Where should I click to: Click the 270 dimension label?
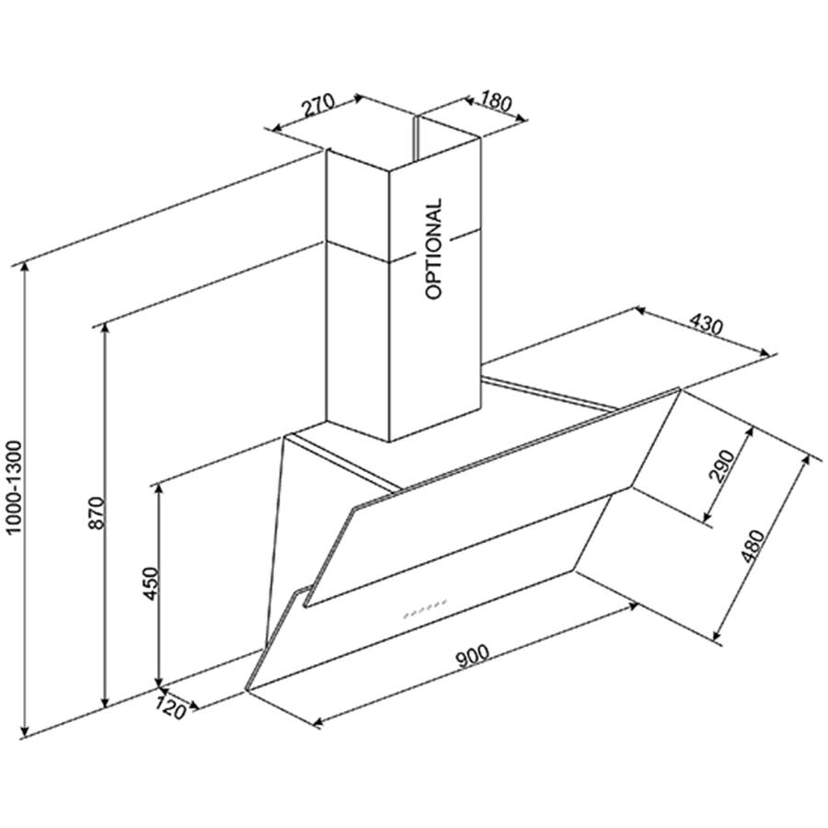tap(318, 105)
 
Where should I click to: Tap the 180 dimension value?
tap(496, 102)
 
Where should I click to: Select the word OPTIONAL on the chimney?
tap(433, 248)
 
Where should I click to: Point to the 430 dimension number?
tap(706, 325)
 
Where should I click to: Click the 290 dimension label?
tap(722, 466)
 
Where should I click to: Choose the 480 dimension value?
tap(752, 546)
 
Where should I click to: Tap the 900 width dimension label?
tap(473, 656)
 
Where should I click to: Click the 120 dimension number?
tap(171, 707)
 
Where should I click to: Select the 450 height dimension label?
tap(151, 583)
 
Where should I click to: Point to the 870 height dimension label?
tap(98, 512)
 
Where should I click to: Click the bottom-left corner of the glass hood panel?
tap(247, 690)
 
